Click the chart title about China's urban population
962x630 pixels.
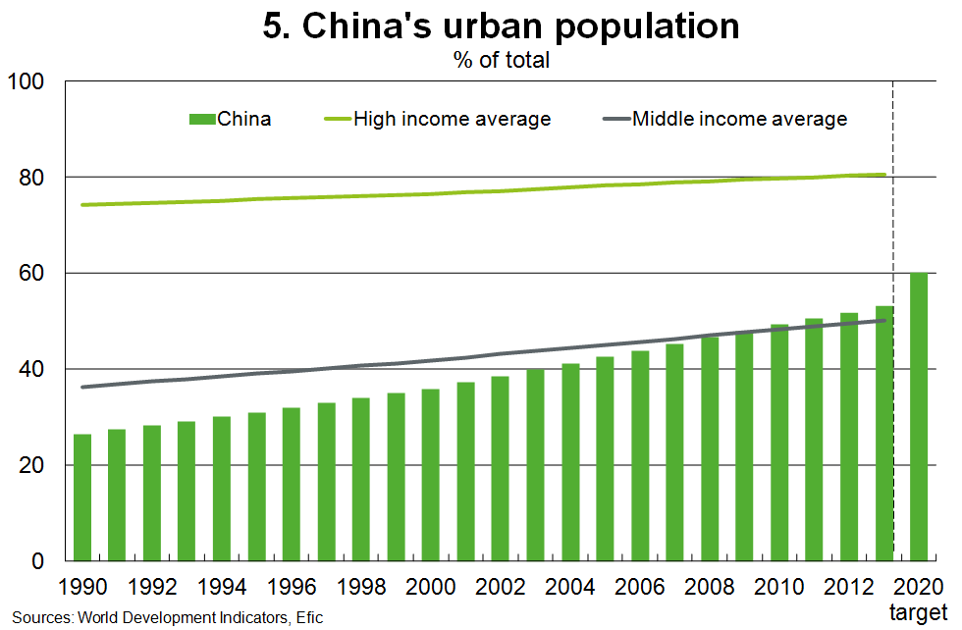coord(501,26)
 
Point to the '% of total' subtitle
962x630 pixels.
coord(501,60)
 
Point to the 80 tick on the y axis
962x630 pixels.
coord(32,178)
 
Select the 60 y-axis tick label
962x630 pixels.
coord(32,274)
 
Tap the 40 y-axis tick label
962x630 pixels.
coord(32,370)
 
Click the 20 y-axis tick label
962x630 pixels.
coord(32,466)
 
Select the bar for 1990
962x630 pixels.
coord(82,498)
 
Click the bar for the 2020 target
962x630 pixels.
coord(919,417)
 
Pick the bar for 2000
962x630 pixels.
coord(431,475)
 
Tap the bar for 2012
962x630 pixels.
coord(849,437)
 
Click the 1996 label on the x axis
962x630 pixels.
coord(292,587)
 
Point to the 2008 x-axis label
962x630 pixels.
coord(710,587)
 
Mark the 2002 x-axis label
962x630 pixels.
coord(501,587)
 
